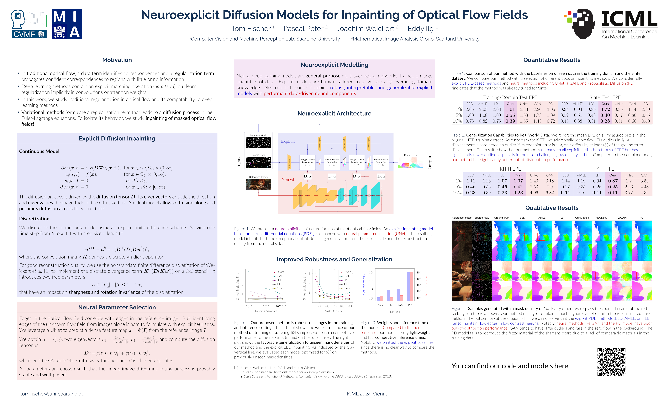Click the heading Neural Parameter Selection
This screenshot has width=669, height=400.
[x=117, y=307]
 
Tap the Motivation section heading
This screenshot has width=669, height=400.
[x=117, y=60]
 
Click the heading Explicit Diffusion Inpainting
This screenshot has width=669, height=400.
[x=117, y=139]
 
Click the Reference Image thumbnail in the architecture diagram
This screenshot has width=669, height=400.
[x=258, y=184]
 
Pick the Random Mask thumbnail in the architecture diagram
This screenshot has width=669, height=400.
[x=258, y=143]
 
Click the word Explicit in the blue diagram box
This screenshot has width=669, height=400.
[x=288, y=141]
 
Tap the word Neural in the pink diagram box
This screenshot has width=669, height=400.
[x=288, y=180]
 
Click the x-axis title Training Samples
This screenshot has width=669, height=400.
[x=266, y=311]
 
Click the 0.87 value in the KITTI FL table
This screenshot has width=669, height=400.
[x=613, y=181]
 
